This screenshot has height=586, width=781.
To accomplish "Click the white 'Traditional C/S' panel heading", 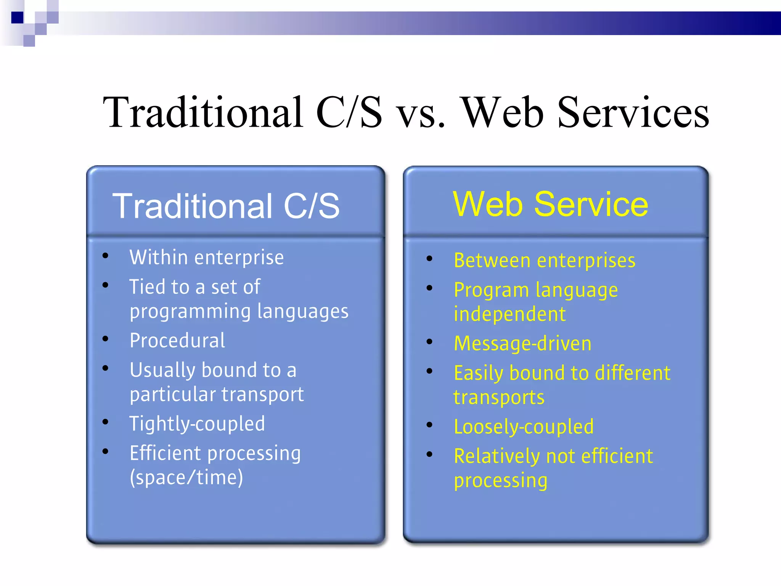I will [226, 206].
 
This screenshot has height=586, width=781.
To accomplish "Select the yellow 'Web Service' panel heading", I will [550, 204].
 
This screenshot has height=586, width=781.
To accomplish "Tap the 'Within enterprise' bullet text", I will [207, 258].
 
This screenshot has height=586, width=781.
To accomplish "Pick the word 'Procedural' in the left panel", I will [177, 341].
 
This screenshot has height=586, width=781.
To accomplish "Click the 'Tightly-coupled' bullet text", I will [197, 424].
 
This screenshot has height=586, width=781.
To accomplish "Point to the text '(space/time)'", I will [186, 477].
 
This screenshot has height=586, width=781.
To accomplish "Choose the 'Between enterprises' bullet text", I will [545, 261].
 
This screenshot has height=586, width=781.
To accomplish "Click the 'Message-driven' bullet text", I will [522, 344].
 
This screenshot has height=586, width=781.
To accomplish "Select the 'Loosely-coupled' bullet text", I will [524, 427].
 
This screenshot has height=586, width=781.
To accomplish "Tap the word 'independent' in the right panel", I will [509, 314].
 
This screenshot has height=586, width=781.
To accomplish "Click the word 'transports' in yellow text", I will [499, 398].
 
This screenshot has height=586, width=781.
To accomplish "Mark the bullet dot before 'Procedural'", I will [106, 339].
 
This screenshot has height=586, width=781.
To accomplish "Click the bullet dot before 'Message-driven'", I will [430, 342].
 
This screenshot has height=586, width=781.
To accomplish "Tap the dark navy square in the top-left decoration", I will [18, 18].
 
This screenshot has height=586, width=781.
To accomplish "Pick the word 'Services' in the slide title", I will [633, 113].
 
